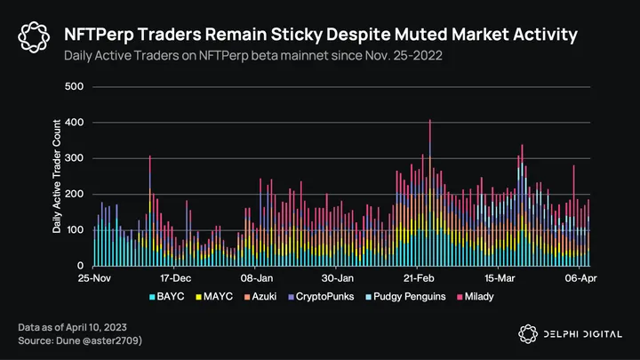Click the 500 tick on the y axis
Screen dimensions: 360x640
point(76,86)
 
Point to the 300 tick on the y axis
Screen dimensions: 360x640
point(76,158)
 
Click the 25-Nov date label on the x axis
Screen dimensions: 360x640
point(95,277)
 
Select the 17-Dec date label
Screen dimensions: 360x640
point(175,277)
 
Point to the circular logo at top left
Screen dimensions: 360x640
point(34,36)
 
